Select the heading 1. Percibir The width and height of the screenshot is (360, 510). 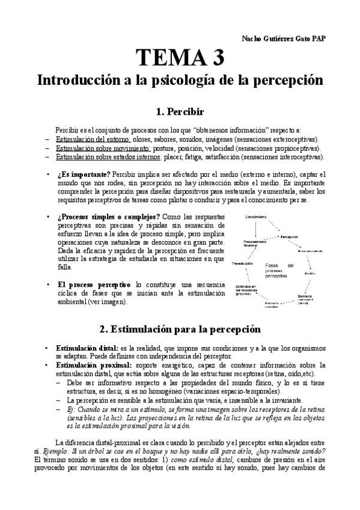click(x=180, y=112)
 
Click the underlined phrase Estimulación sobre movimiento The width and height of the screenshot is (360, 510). click(x=97, y=148)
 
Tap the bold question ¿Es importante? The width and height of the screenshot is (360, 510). click(x=82, y=175)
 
